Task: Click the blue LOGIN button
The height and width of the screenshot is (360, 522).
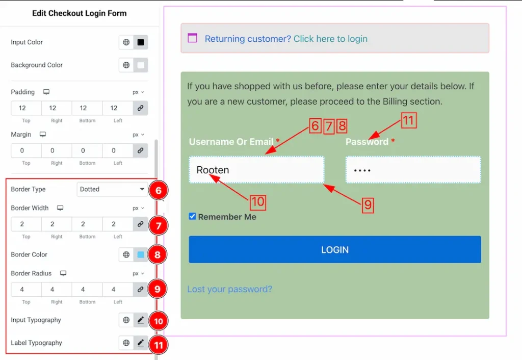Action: click(334, 249)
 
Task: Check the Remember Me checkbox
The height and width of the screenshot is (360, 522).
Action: click(192, 217)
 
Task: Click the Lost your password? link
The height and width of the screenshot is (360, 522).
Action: click(230, 289)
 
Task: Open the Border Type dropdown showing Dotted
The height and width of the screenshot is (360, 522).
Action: click(112, 189)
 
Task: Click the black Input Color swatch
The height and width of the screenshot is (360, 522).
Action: click(141, 42)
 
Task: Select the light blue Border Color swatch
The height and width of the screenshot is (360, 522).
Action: click(141, 255)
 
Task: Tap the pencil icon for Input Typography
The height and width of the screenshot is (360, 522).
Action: click(141, 320)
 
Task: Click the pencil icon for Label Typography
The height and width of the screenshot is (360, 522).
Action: click(141, 343)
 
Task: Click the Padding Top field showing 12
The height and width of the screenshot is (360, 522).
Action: click(26, 108)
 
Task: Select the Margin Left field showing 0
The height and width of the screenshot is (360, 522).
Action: click(118, 150)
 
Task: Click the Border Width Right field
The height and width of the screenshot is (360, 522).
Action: click(57, 224)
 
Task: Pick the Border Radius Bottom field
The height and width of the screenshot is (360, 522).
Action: click(87, 290)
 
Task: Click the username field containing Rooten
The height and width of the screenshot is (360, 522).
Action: click(256, 170)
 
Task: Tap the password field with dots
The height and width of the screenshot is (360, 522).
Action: click(413, 170)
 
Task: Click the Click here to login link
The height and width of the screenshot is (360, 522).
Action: click(330, 39)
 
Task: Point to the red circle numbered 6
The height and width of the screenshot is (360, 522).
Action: click(158, 190)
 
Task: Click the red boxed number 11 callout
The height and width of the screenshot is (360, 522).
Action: click(409, 120)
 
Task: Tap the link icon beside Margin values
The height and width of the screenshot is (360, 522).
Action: click(141, 150)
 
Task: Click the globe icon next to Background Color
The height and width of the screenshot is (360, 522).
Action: click(126, 65)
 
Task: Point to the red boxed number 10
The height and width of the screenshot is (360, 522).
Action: click(258, 202)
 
